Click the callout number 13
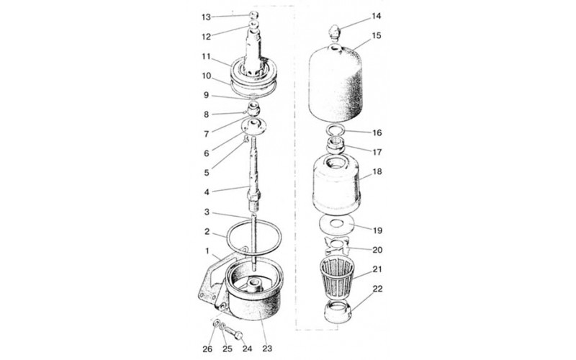coord(206,17)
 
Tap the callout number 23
coord(267,348)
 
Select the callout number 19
coord(377,230)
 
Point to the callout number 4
coord(207,192)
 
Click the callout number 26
coord(207,348)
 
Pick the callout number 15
coord(377,35)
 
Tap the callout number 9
coord(207,95)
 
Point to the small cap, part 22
coord(338,311)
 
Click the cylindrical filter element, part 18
coord(336,184)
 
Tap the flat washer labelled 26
coord(217,323)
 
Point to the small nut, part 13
coord(253,14)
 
